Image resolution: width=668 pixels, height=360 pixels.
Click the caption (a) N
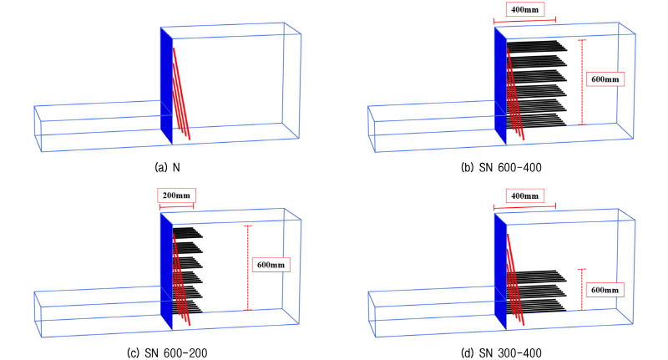pos(168,167)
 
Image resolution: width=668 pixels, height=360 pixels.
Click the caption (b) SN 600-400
pos(502,167)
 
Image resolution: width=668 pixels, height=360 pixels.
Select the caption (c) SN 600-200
pos(168,353)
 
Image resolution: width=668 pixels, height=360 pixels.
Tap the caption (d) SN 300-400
pos(502,353)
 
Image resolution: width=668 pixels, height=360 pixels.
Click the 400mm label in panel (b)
pos(525,9)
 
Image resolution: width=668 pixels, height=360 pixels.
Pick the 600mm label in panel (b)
pos(605,79)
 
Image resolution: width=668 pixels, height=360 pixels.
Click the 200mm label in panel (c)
pos(176,195)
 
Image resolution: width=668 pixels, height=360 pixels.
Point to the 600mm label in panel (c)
pos(271,265)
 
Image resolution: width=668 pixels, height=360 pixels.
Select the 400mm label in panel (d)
pos(525,196)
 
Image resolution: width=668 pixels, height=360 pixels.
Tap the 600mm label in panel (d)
pos(605,290)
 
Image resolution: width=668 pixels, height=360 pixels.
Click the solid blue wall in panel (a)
pos(166,85)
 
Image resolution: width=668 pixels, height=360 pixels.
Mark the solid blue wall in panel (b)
pos(500,85)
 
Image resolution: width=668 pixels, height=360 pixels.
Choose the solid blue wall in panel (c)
pos(166,271)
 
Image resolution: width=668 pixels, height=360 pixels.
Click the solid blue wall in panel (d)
pos(500,271)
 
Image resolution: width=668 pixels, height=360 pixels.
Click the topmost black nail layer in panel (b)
pos(537,46)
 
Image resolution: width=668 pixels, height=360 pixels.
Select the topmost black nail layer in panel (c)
pos(187,232)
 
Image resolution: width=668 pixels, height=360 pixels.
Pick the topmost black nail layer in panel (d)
pos(537,276)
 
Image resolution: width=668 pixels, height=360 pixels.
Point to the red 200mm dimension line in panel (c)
pos(176,206)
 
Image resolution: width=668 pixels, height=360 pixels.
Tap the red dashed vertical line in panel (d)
pos(582,290)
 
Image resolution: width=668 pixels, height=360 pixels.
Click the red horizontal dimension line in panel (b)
pos(525,19)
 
